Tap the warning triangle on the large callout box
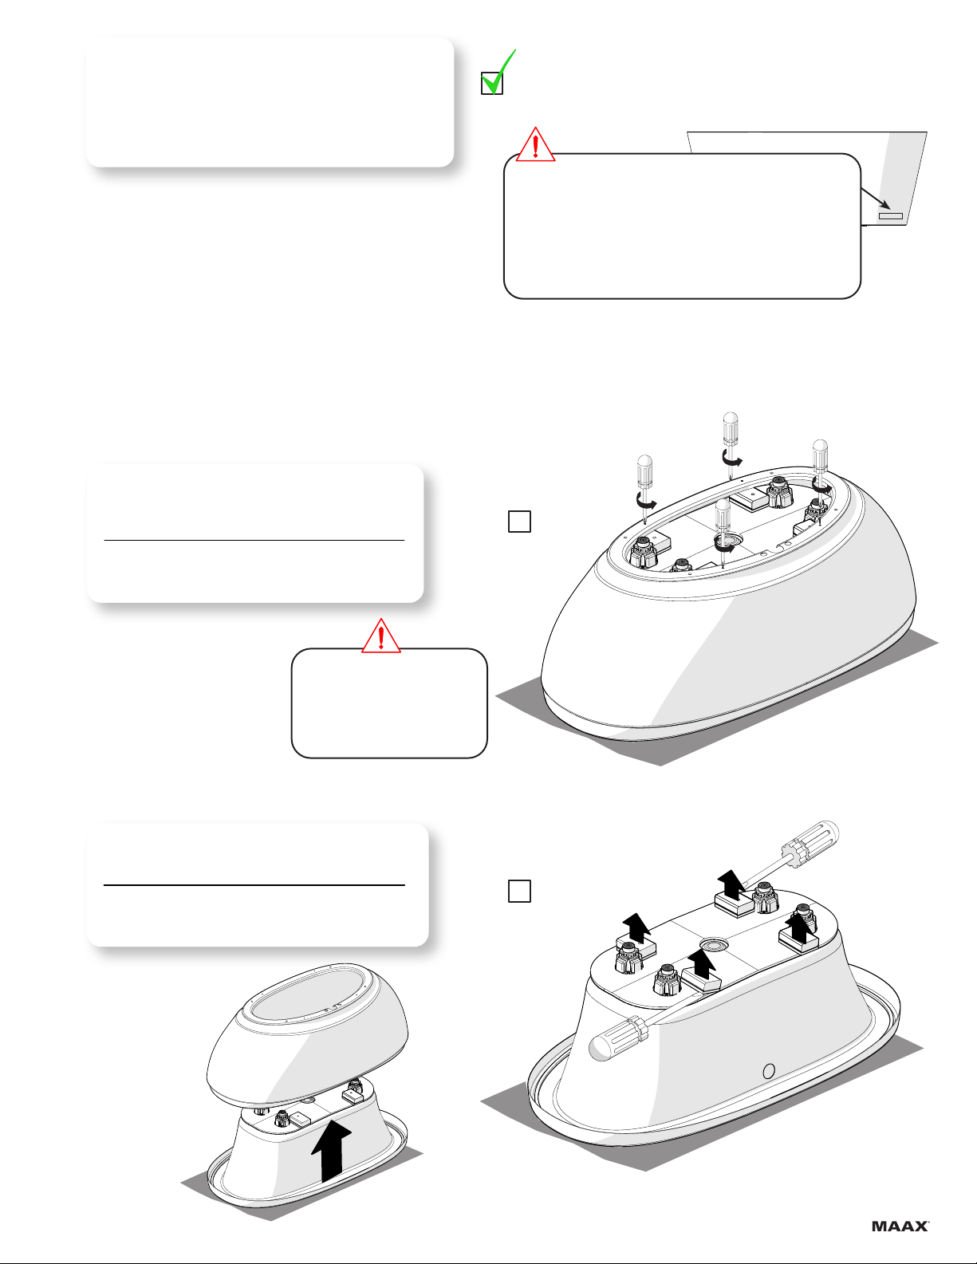(x=535, y=144)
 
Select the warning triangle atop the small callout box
(x=381, y=636)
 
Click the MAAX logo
(x=900, y=1227)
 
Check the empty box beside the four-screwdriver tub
(x=519, y=522)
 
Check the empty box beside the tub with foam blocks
(x=519, y=891)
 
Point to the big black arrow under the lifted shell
(x=331, y=1151)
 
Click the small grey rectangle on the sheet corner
(x=890, y=216)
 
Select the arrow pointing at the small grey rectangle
(x=875, y=198)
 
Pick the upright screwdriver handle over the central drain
(x=723, y=514)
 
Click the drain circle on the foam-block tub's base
(x=711, y=944)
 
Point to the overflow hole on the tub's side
(x=768, y=1071)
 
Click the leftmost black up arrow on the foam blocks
(x=636, y=927)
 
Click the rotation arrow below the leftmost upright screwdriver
(x=647, y=500)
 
